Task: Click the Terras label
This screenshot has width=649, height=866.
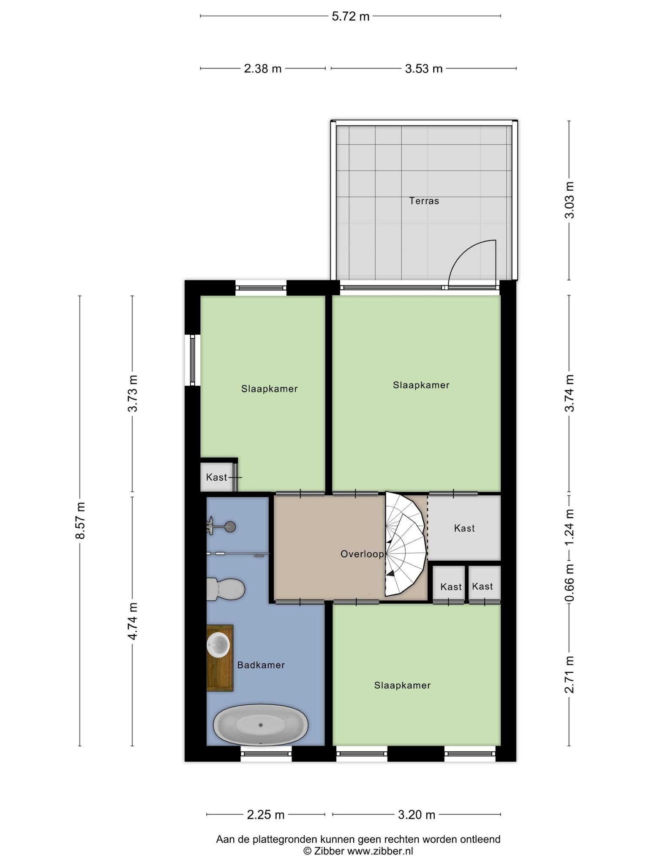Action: click(x=424, y=201)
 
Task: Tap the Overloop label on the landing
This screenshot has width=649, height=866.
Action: click(x=362, y=554)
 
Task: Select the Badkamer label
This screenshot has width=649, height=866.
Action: click(x=261, y=665)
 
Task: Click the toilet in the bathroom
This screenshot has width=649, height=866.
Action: click(x=226, y=589)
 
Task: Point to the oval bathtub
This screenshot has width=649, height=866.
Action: click(x=261, y=725)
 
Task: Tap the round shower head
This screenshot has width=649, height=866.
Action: click(x=230, y=527)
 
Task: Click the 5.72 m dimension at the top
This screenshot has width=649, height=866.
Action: click(x=350, y=16)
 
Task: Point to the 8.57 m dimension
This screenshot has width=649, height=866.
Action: click(x=80, y=521)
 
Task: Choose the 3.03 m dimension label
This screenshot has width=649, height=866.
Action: click(x=570, y=200)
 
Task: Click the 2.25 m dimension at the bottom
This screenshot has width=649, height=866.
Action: click(x=265, y=815)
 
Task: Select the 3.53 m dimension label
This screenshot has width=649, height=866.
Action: click(x=424, y=69)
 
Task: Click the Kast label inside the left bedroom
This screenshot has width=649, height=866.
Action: click(x=216, y=477)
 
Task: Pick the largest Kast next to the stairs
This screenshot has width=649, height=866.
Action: click(x=464, y=528)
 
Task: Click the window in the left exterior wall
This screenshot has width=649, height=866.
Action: click(x=192, y=360)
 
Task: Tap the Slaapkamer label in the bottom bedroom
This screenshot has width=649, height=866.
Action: click(x=402, y=685)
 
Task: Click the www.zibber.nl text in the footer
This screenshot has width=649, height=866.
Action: click(x=380, y=851)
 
